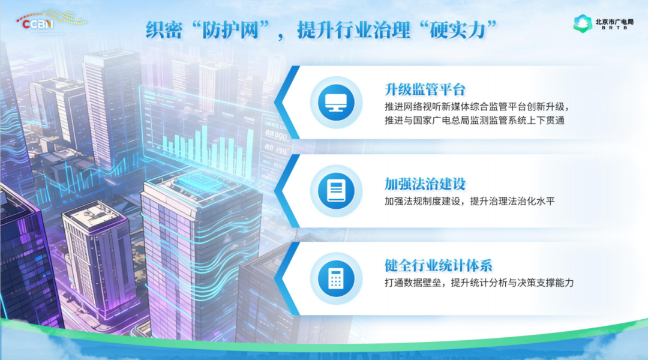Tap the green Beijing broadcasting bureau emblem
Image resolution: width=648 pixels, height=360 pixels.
[583, 23]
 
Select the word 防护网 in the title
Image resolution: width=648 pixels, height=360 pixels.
[232, 30]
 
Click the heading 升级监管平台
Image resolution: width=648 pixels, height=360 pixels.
[425, 89]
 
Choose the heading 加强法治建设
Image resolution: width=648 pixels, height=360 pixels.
[425, 184]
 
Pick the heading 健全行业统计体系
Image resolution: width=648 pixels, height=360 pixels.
[438, 265]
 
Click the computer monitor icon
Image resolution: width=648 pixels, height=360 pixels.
[336, 102]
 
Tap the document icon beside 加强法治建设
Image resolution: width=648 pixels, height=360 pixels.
[336, 191]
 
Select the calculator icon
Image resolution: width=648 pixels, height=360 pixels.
[336, 278]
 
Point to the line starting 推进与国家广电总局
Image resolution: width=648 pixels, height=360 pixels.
[475, 120]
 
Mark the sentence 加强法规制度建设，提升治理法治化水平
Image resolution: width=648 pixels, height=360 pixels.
[469, 201]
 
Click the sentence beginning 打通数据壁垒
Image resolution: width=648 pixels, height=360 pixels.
[479, 283]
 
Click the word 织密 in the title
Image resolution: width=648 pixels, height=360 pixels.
[164, 30]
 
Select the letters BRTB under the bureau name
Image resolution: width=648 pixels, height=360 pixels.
[614, 28]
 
